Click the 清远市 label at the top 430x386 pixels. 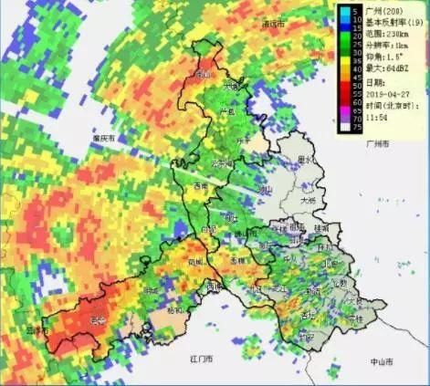tap(273, 25)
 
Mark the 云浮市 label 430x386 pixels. tap(36, 330)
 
